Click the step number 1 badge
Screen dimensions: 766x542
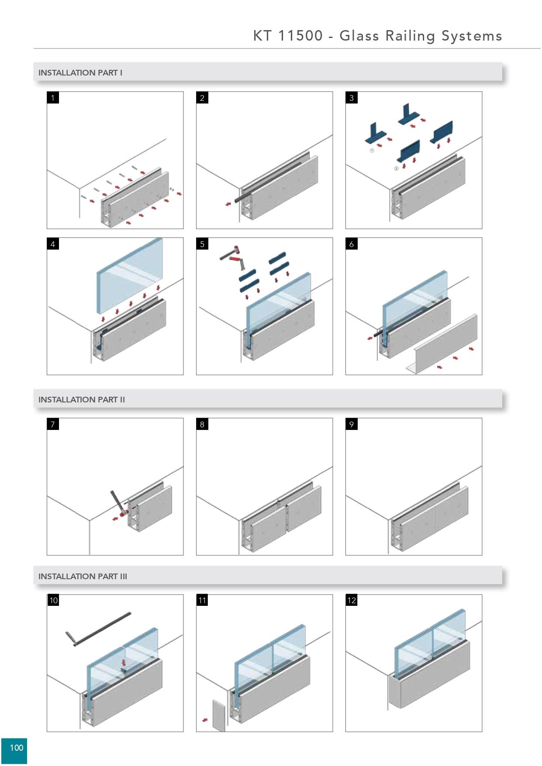[x=53, y=98]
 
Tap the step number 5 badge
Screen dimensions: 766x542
[x=202, y=244]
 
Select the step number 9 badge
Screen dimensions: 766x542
[x=352, y=424]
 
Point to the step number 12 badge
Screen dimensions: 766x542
[x=352, y=601]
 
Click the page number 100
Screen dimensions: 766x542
[x=16, y=748]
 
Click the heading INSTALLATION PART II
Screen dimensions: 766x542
[x=82, y=399]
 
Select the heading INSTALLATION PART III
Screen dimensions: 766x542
[x=83, y=576]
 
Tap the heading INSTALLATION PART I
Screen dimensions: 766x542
[x=80, y=73]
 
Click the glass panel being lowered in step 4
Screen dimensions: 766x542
[x=129, y=275]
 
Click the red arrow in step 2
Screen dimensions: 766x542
[x=228, y=204]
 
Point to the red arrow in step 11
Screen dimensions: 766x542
[x=204, y=720]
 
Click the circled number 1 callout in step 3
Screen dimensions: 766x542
[x=372, y=150]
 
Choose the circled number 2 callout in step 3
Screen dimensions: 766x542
[x=396, y=168]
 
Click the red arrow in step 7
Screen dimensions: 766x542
[x=115, y=519]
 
